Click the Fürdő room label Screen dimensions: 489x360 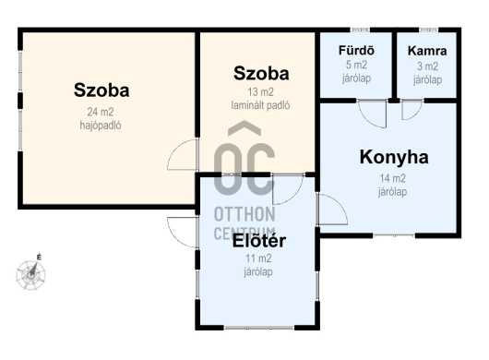356,50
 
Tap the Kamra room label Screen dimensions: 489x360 427,51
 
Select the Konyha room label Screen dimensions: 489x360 394,157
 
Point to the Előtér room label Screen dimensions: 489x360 259,241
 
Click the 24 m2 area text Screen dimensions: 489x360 101,112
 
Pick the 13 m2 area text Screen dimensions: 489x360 260,92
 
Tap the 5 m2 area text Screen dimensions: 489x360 356,65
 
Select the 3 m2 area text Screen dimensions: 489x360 427,66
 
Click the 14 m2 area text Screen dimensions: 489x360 393,178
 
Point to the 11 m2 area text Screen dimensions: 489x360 258,258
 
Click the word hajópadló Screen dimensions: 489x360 101,126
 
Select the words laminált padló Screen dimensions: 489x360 260,105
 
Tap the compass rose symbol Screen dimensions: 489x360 30,274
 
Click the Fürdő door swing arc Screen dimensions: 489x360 367,120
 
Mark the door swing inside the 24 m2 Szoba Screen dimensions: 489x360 174,150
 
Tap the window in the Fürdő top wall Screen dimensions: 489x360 360,30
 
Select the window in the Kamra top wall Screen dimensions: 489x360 428,30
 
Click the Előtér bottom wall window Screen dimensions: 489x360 259,328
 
